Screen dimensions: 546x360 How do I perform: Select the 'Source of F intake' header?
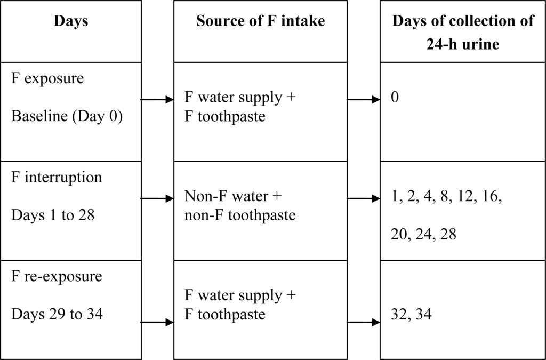(261, 22)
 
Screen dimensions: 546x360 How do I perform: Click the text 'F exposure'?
(47, 78)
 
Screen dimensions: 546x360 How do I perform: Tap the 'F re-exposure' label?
(57, 277)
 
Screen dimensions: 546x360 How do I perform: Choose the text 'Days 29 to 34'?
(57, 314)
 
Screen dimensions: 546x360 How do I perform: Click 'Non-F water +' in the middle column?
(232, 196)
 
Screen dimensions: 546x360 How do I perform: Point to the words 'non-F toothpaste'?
(240, 215)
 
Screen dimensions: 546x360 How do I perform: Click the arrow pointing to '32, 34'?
(364, 323)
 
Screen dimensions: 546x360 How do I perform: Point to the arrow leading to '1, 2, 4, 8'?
(364, 198)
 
